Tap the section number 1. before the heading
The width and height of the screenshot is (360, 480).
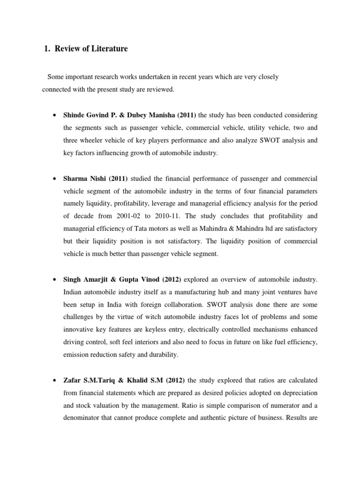tap(46, 49)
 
